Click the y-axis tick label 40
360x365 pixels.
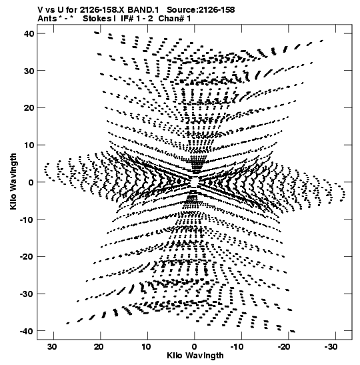29,34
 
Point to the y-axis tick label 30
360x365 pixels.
29,71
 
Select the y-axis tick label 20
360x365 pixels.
29,108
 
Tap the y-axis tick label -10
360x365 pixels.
27,220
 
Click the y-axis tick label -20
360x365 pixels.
27,257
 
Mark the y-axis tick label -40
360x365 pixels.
27,331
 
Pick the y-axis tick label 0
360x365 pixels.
31,182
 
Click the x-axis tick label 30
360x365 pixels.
52,347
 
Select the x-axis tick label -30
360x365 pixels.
331,347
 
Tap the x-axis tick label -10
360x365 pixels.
237,347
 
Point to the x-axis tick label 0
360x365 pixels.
194,347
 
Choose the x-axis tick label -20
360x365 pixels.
284,347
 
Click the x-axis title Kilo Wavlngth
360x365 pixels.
195,356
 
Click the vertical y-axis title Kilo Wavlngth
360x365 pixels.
13,181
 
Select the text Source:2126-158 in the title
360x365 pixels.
201,10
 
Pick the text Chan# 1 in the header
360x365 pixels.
175,19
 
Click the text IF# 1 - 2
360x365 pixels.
137,19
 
